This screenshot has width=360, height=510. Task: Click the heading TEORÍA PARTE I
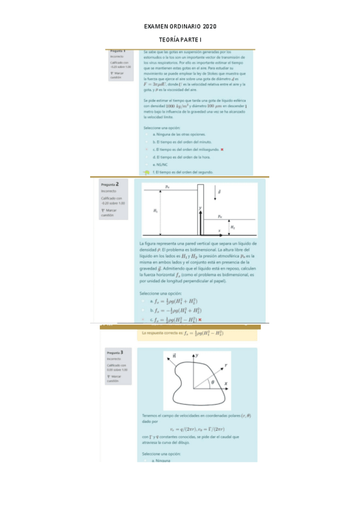(180, 39)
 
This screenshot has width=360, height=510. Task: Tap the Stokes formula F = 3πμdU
(157, 85)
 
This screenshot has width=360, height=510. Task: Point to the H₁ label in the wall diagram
(156, 210)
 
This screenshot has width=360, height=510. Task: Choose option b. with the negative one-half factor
(176, 310)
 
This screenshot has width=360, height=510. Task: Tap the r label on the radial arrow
(225, 365)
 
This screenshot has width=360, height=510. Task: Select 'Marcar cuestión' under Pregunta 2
(111, 212)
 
